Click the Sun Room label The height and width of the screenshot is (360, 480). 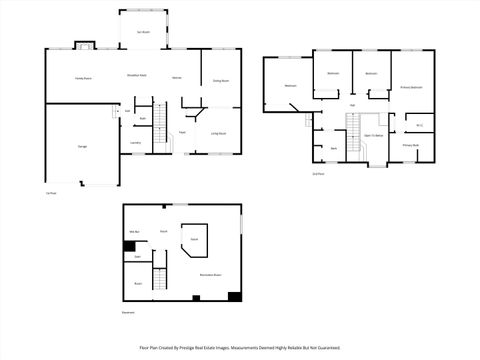[x=144, y=31]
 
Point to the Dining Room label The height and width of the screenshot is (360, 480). [x=221, y=81]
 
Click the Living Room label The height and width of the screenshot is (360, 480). [x=217, y=133]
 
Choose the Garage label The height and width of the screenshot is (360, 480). [x=82, y=147]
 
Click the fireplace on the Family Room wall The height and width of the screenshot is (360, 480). [x=85, y=46]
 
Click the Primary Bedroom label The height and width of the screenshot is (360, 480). [x=411, y=88]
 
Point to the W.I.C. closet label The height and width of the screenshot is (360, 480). [x=420, y=125]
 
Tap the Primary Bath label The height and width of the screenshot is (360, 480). [x=410, y=146]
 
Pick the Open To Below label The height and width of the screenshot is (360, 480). [x=374, y=134]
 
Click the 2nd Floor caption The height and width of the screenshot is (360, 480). [x=318, y=174]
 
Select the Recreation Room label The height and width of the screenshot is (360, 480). [x=210, y=273]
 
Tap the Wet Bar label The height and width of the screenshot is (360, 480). [x=133, y=232]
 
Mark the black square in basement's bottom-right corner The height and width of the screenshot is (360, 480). [x=234, y=295]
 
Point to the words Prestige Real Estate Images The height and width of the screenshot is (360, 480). [x=234, y=348]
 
